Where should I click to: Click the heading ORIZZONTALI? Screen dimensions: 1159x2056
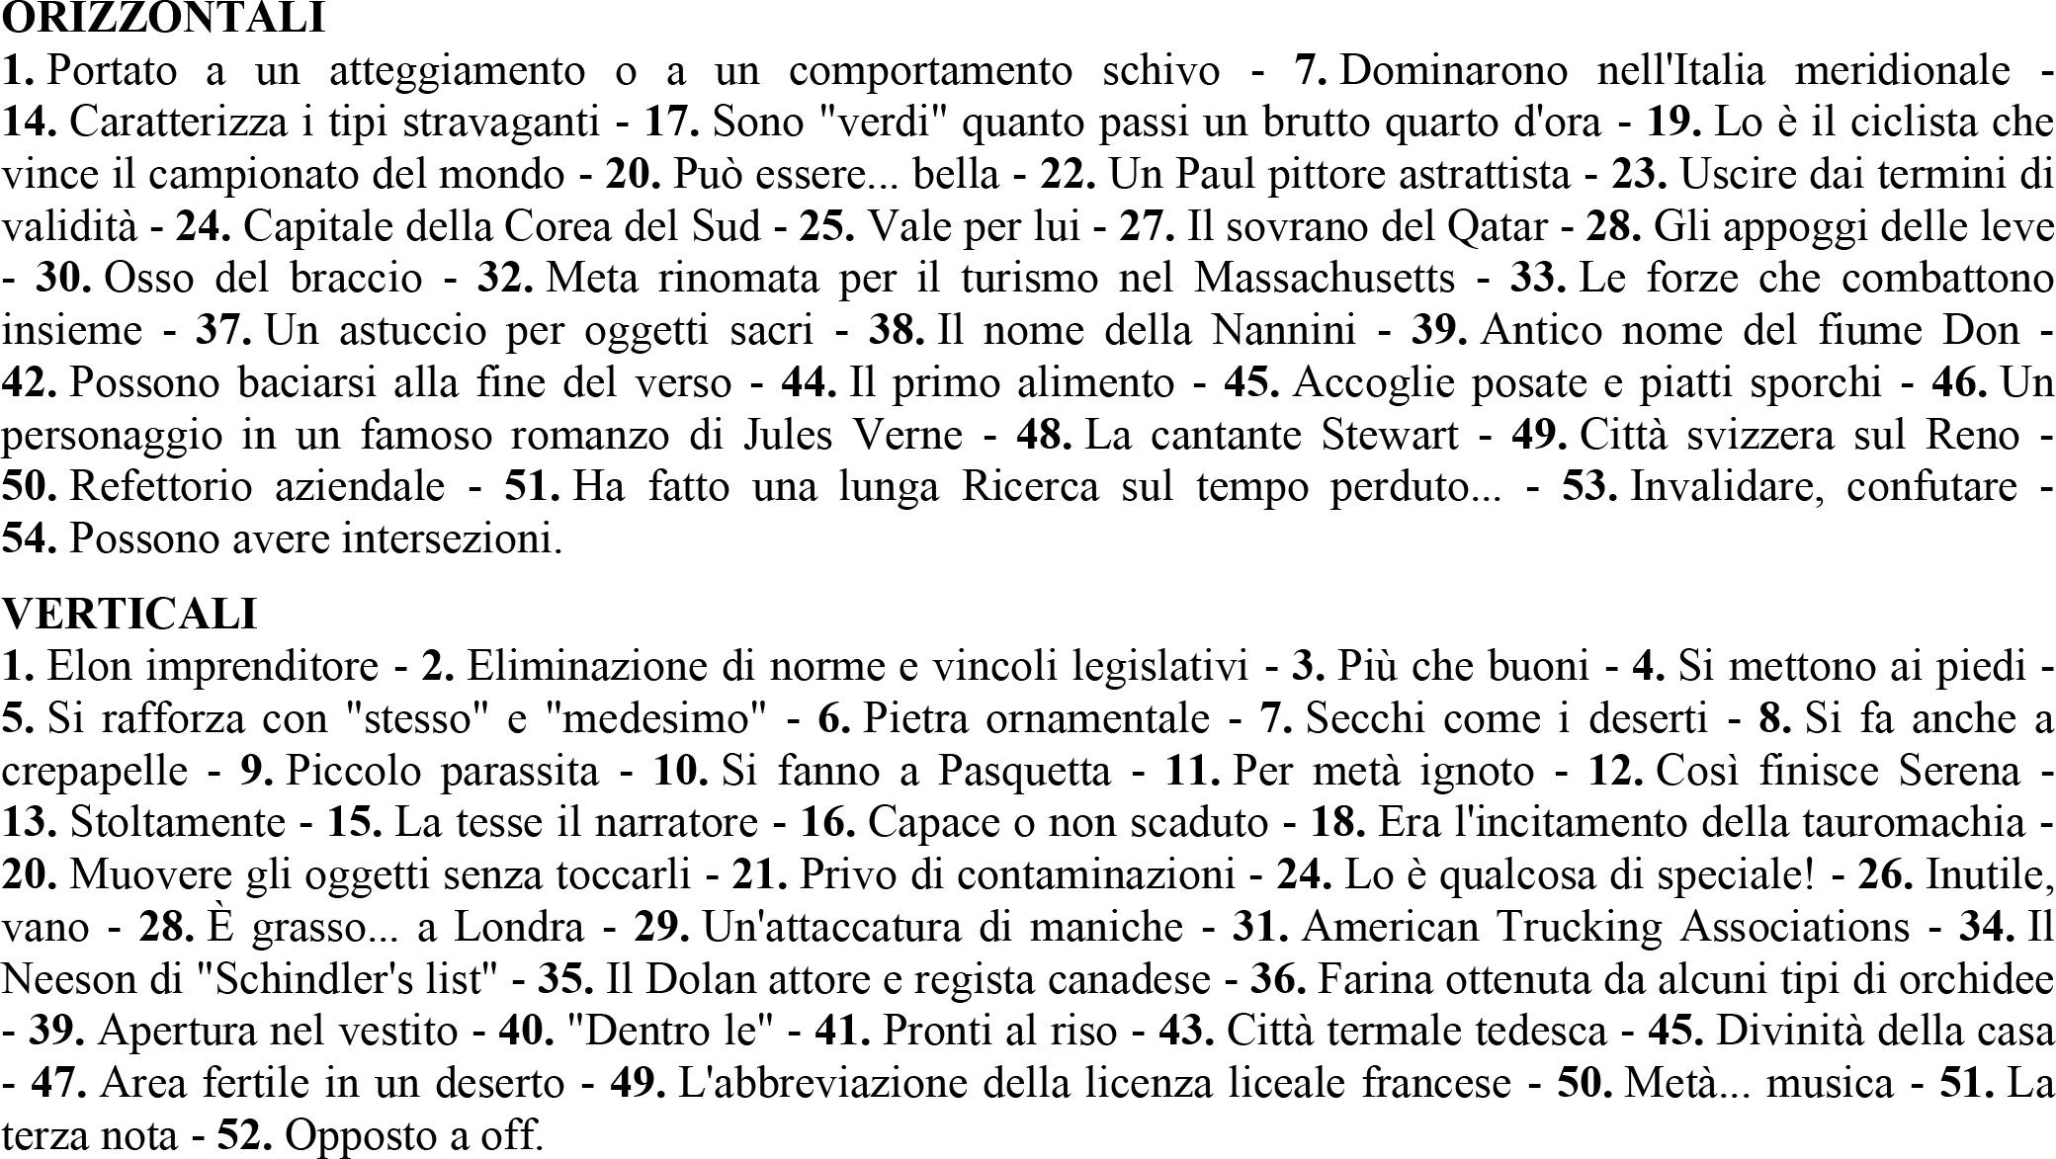pyautogui.click(x=163, y=18)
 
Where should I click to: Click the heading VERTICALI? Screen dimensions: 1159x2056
pyautogui.click(x=129, y=614)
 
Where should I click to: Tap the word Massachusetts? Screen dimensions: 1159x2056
pyautogui.click(x=1325, y=279)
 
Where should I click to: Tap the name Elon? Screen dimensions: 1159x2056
pyautogui.click(x=82, y=666)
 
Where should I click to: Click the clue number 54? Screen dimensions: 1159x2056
pyautogui.click(x=30, y=539)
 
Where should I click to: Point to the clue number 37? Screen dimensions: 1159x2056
pyautogui.click(x=221, y=330)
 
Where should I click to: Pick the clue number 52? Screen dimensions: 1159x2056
pyautogui.click(x=244, y=1136)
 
